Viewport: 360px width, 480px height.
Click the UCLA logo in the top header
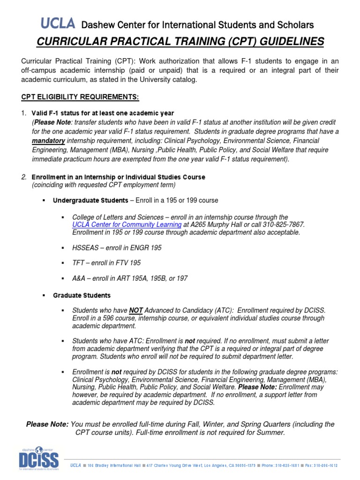58,23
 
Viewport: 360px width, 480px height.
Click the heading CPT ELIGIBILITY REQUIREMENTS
80,97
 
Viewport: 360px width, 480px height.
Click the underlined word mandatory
47,141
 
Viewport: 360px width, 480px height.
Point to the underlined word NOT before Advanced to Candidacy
136,310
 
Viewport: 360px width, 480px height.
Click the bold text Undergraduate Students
90,201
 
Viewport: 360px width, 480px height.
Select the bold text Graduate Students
82,295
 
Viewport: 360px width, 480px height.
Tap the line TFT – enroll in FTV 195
106,262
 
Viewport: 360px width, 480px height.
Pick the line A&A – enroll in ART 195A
130,278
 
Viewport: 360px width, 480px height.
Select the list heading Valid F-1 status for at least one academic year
103,113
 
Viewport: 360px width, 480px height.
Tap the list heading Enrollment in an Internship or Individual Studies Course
118,177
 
